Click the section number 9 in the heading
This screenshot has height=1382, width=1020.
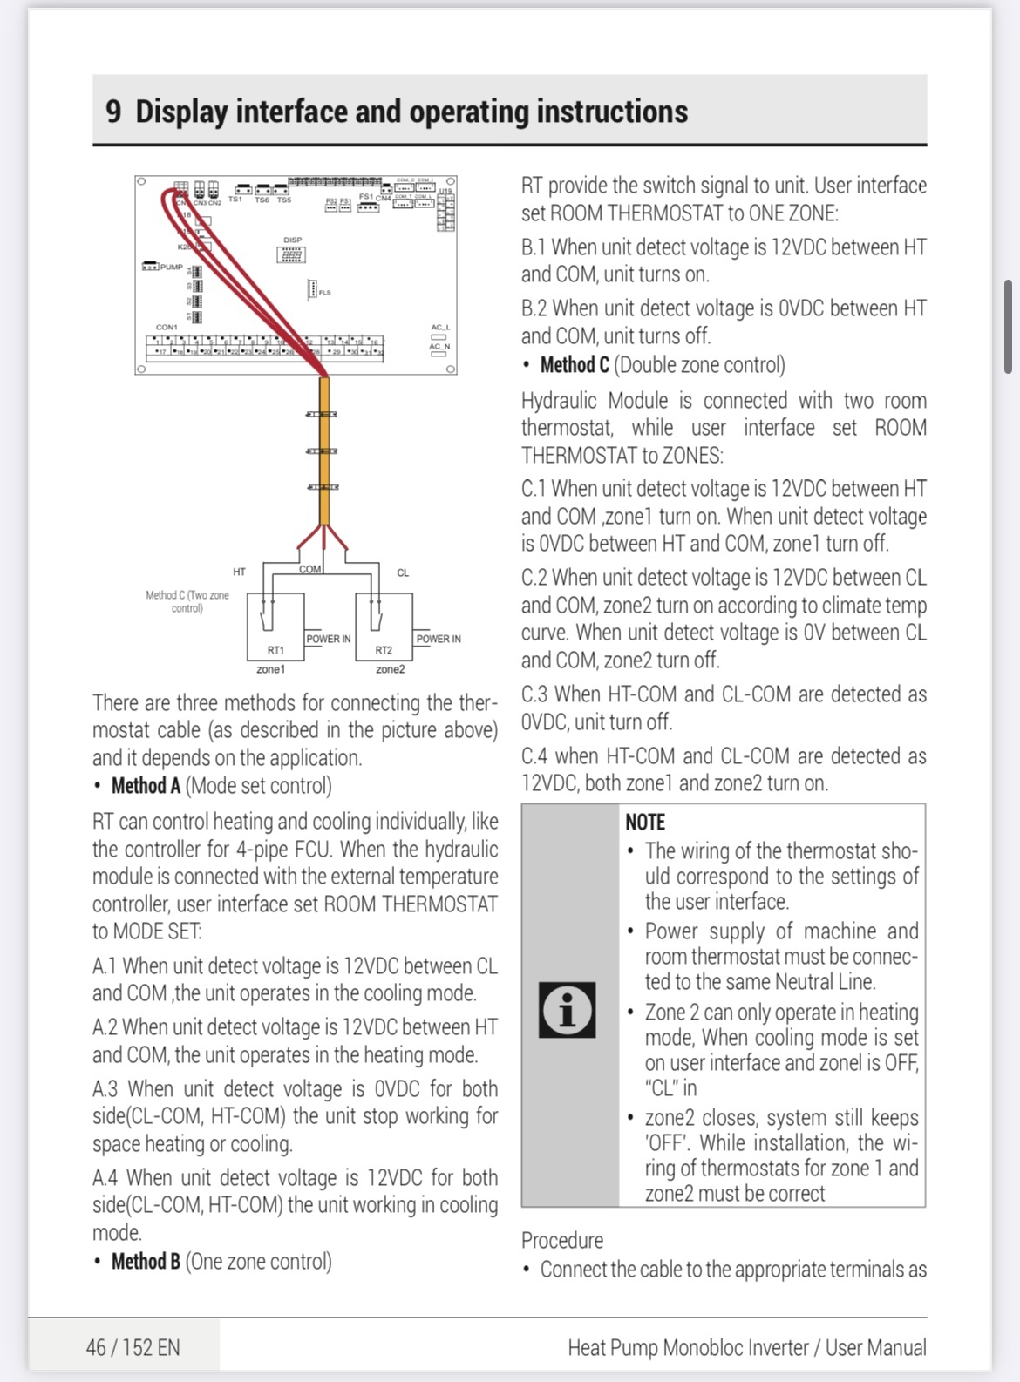tap(113, 112)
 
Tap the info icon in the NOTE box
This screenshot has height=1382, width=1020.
tap(567, 1009)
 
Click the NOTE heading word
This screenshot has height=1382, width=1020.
tap(645, 822)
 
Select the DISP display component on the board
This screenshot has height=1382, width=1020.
tap(291, 254)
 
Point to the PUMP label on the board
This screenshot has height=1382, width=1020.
tap(172, 267)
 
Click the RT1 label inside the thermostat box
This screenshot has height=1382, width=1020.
tap(275, 650)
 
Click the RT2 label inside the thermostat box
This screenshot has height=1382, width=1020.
tap(384, 650)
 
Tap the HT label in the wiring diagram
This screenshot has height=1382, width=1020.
tap(239, 572)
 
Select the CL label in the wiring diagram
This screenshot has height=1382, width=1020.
tap(403, 572)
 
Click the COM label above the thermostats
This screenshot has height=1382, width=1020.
tap(310, 569)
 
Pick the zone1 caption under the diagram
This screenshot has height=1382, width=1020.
tap(270, 669)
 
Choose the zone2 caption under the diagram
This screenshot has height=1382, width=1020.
tap(390, 669)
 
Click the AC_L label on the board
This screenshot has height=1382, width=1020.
tap(440, 328)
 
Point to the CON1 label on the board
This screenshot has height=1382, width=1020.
tap(167, 328)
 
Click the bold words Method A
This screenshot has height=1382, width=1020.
tap(146, 786)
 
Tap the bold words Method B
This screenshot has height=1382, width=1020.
tap(146, 1261)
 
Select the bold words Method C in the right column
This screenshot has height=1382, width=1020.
tap(575, 365)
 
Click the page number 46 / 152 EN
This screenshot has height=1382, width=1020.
tap(133, 1348)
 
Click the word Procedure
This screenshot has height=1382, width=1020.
tap(562, 1240)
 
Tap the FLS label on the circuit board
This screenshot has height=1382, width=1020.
tap(325, 293)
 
